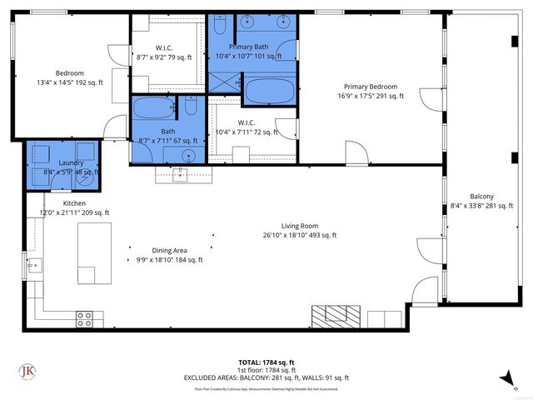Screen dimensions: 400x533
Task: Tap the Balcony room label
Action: pos(481,196)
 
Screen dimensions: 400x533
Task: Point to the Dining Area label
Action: pos(169,250)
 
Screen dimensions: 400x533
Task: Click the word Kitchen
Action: pos(74,202)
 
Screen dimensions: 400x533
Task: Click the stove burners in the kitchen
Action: pos(84,317)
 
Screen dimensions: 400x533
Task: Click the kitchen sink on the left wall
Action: pos(35,267)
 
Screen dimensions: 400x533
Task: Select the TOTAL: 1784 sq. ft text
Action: pos(266,362)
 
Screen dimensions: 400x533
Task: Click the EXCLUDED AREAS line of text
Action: pos(266,377)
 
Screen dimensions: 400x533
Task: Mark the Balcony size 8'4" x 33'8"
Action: pos(481,206)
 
